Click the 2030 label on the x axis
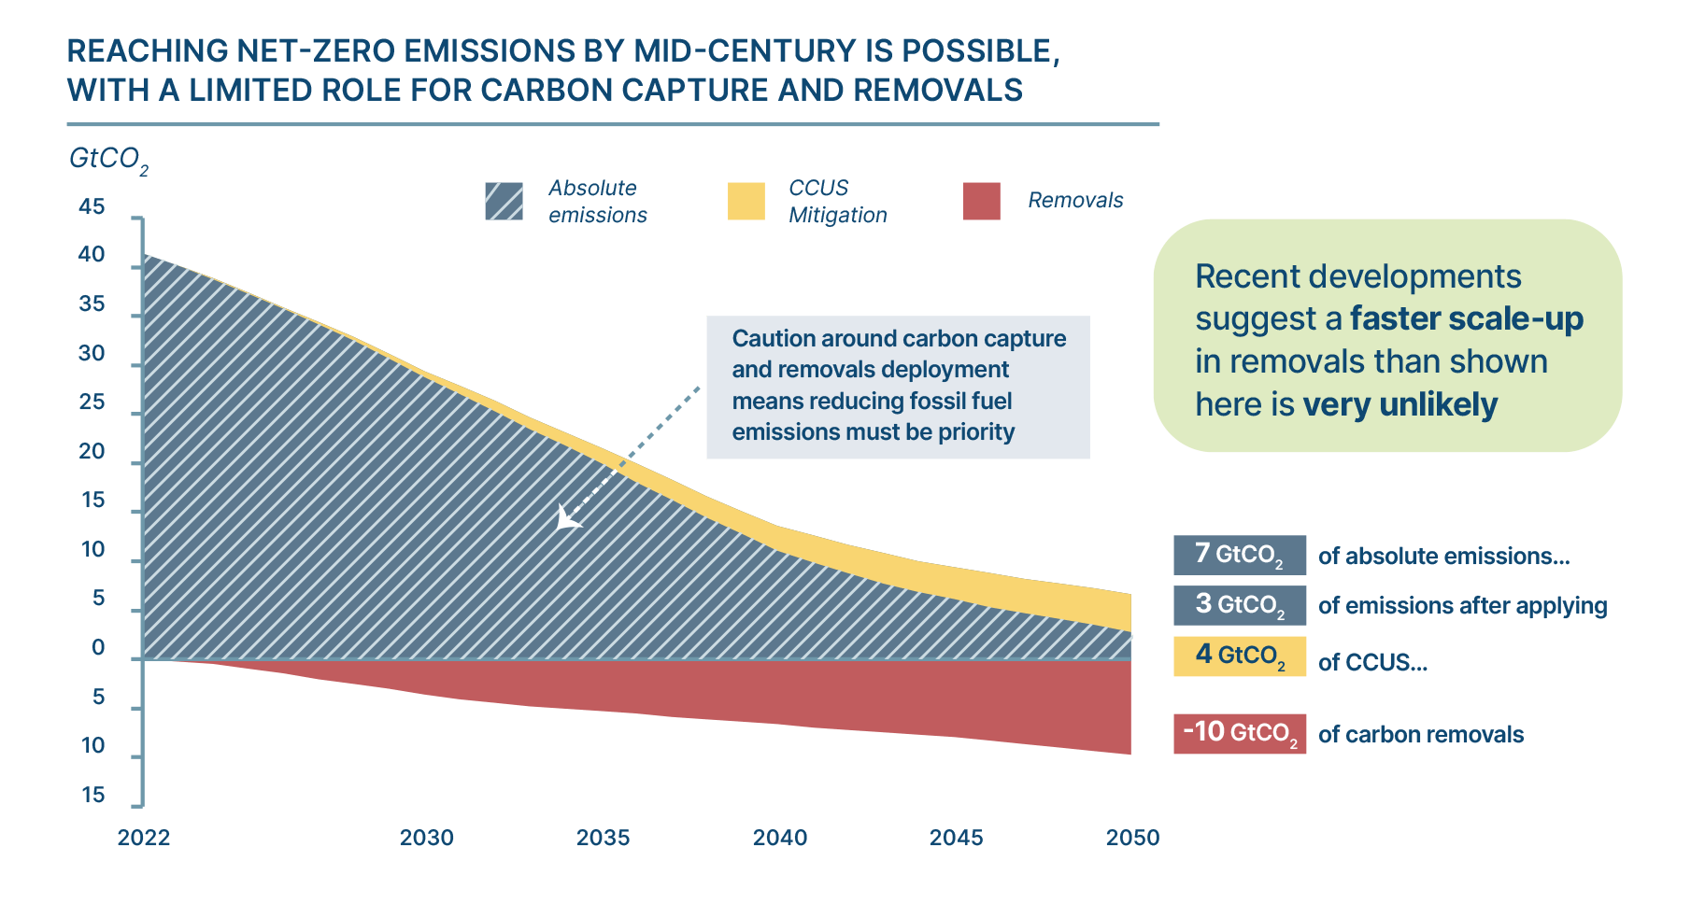[427, 838]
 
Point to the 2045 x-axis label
[956, 838]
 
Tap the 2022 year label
[144, 838]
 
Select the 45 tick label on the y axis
[92, 206]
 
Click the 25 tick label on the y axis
[92, 402]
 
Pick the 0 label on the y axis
[98, 648]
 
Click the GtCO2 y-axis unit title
[108, 161]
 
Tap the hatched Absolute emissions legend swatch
[504, 201]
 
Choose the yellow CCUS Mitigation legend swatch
[746, 201]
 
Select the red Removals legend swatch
[982, 201]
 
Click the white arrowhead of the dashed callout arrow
[566, 519]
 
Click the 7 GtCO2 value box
[1240, 555]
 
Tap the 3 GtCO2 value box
[1240, 605]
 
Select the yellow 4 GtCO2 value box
[1240, 656]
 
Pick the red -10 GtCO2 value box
[1240, 733]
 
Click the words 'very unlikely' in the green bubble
[1400, 404]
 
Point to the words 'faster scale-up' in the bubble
[1467, 318]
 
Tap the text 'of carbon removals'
[1420, 735]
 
